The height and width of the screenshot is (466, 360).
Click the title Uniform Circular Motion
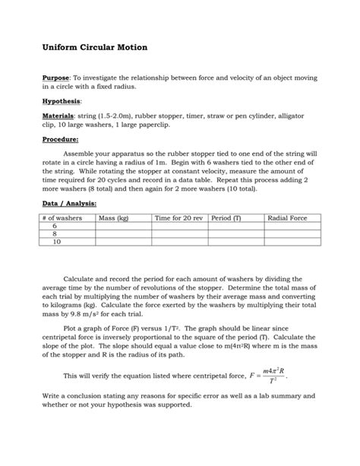click(94, 48)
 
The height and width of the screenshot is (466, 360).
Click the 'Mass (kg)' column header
click(113, 218)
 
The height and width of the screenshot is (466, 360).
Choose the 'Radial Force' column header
click(288, 218)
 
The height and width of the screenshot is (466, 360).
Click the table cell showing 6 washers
click(55, 226)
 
